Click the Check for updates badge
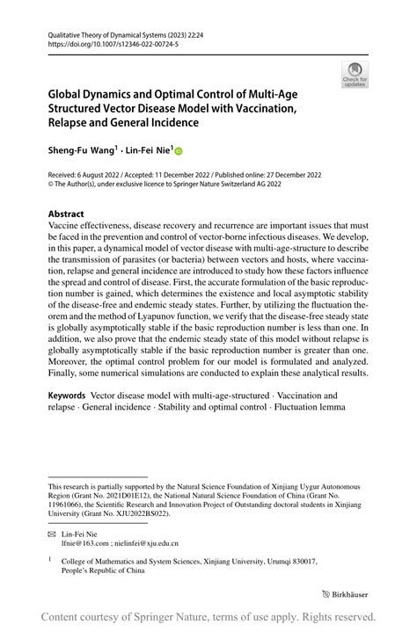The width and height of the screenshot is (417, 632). [355, 74]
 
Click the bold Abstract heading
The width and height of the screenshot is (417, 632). [66, 214]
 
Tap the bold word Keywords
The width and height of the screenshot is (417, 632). [72, 397]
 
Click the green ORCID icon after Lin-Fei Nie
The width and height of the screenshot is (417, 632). [178, 151]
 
